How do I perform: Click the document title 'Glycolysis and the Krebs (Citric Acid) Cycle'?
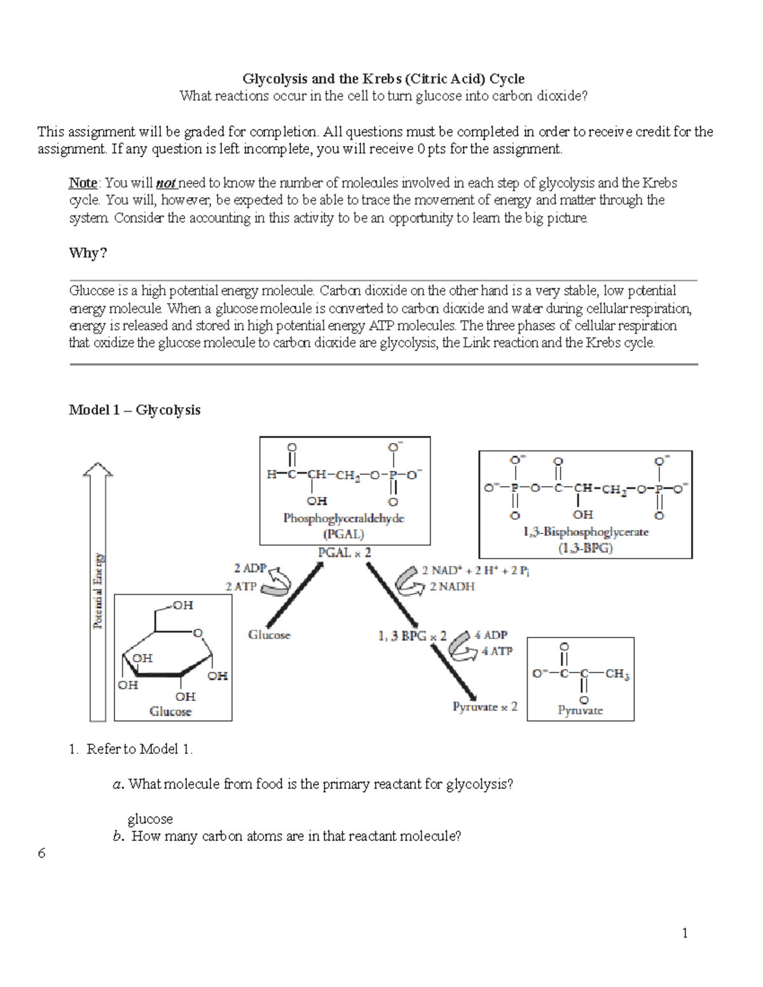tap(383, 79)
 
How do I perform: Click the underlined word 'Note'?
tap(83, 183)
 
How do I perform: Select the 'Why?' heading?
tap(88, 253)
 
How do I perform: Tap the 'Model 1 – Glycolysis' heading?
tap(134, 410)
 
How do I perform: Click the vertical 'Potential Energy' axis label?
tap(98, 591)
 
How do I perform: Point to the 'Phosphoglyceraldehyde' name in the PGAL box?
tap(343, 518)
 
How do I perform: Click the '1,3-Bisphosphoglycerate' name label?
tap(585, 532)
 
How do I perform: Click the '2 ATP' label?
tap(240, 587)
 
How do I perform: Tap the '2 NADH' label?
tap(452, 587)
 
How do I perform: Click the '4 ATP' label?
tap(497, 651)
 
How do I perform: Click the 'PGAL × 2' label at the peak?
tap(344, 553)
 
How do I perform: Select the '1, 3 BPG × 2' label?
tap(413, 636)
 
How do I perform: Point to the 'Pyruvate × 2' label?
tap(485, 707)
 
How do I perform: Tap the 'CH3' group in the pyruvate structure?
tap(617, 674)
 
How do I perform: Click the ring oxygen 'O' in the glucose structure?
tap(197, 634)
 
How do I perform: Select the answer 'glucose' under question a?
tap(150, 819)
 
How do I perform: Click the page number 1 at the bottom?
tap(685, 933)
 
